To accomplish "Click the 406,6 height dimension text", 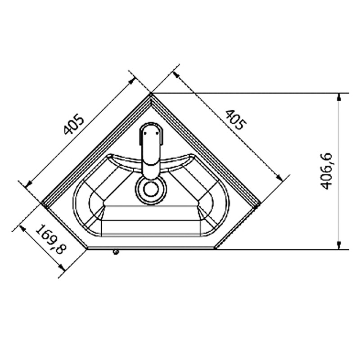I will point(327,171).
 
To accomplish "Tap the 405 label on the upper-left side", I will point(73,125).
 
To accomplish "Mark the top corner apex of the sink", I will point(151,94).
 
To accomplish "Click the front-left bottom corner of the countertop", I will point(87,248).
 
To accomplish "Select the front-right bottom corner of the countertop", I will point(215,248).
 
